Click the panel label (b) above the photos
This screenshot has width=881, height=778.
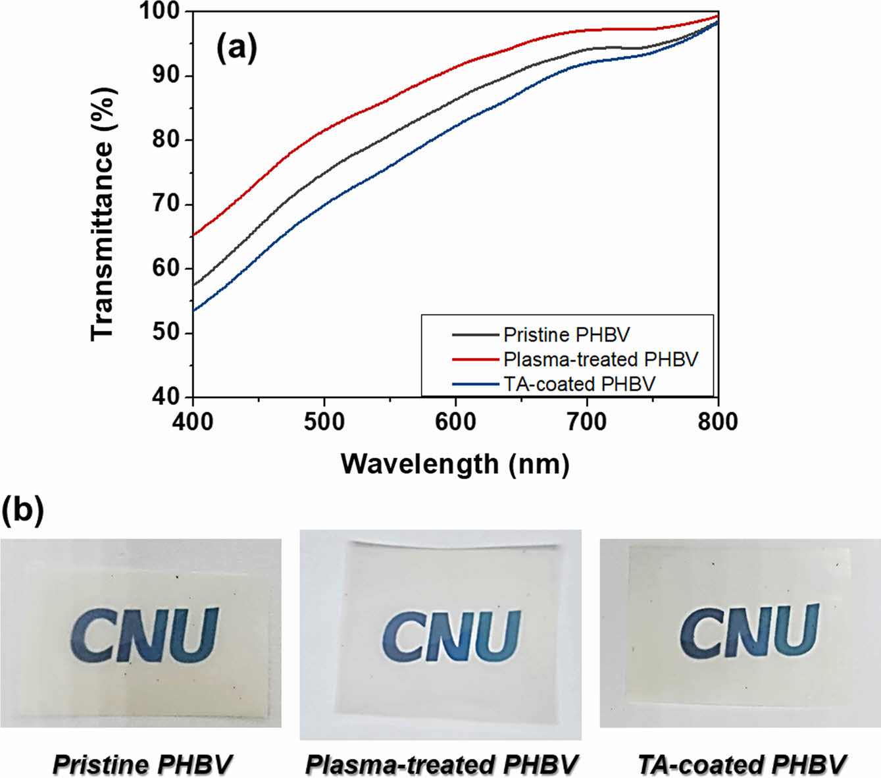pos(22,509)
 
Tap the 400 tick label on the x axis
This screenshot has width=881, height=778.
pos(192,421)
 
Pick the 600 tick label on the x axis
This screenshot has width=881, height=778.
pos(455,421)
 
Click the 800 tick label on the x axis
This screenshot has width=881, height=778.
pos(718,421)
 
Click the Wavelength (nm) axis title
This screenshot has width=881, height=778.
pos(455,464)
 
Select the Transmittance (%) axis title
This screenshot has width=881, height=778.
pos(103,214)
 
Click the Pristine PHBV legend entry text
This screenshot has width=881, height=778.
pos(566,335)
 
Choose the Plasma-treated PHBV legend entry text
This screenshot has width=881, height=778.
pos(600,359)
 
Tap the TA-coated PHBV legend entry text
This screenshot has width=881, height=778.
pos(579,384)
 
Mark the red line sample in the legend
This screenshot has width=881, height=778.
pos(475,359)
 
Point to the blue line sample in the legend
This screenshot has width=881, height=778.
pos(475,384)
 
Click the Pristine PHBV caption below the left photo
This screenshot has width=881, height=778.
pos(142,765)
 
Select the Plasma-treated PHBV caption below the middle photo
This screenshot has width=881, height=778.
pos(441,765)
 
